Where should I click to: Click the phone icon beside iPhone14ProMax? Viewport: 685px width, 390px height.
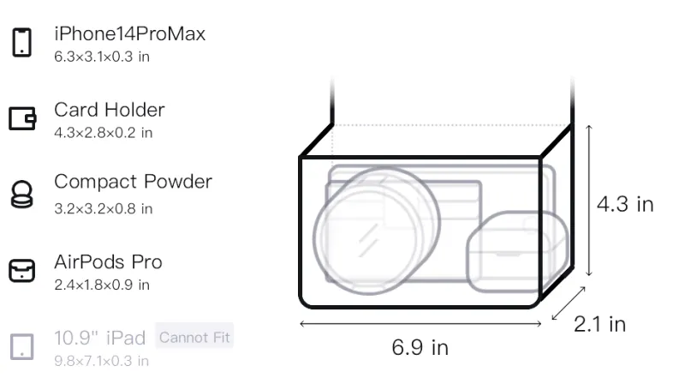pos(22,42)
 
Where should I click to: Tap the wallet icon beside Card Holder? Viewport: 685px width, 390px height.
pos(22,118)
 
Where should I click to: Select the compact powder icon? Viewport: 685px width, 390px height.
pos(22,194)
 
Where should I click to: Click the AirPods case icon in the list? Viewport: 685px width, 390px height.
pos(22,271)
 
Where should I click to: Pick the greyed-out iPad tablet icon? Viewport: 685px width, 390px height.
pos(22,347)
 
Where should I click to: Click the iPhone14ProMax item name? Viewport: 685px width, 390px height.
pos(130,34)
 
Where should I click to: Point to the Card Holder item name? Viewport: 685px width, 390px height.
pos(110,110)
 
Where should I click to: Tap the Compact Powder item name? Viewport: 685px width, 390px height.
pos(134,182)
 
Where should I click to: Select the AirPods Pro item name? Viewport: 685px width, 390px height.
pos(109,262)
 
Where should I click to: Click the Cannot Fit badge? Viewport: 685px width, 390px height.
pos(194,337)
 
